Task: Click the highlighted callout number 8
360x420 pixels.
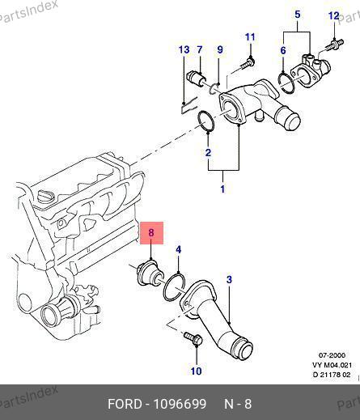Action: [151, 232]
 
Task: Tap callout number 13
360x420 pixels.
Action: [184, 50]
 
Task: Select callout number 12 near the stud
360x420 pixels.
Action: [334, 16]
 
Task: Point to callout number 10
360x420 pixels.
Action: [197, 371]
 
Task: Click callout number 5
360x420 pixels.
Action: [298, 15]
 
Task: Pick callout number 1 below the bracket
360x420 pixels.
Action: [222, 189]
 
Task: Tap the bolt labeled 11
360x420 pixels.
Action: [247, 64]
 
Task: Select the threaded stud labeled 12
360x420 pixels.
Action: [334, 44]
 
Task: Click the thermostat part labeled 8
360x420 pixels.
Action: [150, 275]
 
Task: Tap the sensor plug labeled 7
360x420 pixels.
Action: [196, 77]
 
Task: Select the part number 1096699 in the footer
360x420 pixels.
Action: [180, 404]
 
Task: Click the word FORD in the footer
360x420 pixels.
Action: [125, 404]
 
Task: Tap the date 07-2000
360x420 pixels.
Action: [332, 355]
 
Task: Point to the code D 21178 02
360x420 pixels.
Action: [332, 375]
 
